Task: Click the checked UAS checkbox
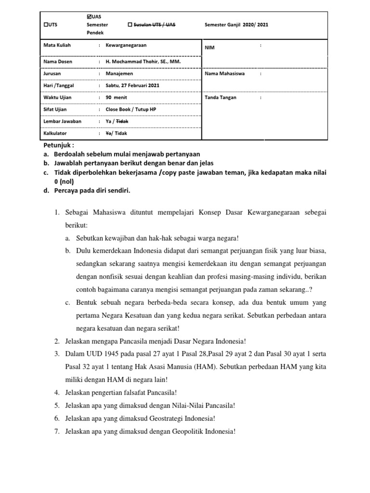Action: tap(88, 17)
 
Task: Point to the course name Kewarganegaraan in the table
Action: tap(126, 45)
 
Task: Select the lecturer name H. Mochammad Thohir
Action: tap(144, 62)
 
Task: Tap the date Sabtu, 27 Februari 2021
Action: tap(132, 85)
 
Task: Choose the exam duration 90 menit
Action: tap(117, 97)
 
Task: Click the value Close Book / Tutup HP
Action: tap(131, 109)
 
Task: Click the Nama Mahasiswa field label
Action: tap(225, 74)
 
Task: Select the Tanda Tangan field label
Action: tap(221, 97)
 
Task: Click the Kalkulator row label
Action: tap(55, 133)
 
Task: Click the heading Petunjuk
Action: tap(59, 145)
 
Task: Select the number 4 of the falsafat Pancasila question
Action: tap(56, 391)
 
